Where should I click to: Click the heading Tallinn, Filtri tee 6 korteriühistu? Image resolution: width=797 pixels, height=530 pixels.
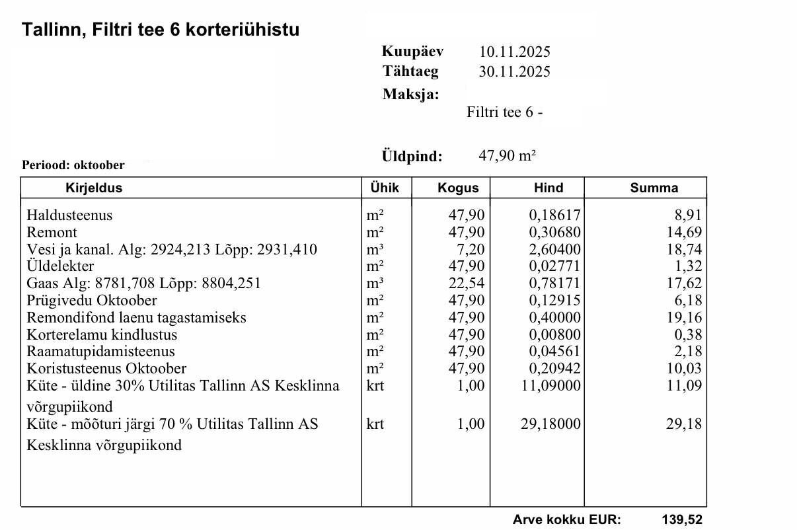point(161,30)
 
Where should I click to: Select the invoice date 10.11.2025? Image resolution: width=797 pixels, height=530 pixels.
point(514,52)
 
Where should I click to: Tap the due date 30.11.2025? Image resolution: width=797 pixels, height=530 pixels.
point(514,71)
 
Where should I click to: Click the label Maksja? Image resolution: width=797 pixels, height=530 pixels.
point(410,95)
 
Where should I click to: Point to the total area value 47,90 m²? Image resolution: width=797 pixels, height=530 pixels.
point(507,157)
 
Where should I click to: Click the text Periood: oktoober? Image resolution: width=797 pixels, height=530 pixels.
point(73,165)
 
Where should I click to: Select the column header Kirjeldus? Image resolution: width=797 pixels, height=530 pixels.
point(94,188)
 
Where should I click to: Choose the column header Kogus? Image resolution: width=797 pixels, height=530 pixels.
point(458,188)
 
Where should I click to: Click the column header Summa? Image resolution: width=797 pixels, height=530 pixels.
point(654,188)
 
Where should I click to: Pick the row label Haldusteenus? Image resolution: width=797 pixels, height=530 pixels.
point(69,215)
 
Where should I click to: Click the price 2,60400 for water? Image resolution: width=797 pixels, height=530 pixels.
point(555,249)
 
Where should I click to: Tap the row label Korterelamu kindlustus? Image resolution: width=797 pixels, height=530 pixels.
point(102,334)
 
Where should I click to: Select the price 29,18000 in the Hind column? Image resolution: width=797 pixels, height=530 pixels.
point(551,424)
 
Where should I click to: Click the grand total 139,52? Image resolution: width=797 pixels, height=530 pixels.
point(682,519)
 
